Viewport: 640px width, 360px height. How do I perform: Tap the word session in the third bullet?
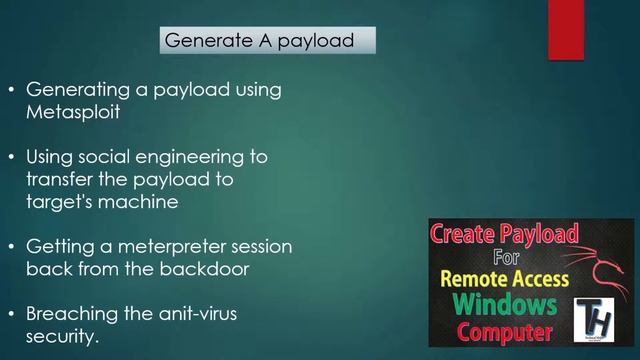tap(259, 245)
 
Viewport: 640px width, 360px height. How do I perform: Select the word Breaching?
tap(72, 313)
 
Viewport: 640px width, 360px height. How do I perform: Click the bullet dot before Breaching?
tap(11, 314)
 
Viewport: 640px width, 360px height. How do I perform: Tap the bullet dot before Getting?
tap(11, 246)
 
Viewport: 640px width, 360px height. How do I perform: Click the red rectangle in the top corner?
tap(566, 29)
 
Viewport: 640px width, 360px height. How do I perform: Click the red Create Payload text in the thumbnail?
tap(505, 236)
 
